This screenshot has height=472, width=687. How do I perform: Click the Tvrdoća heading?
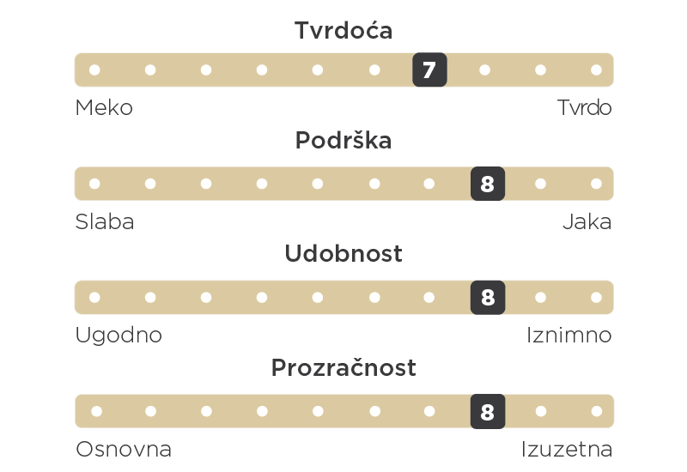point(343,30)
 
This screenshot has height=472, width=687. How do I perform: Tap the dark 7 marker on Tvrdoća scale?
point(430,70)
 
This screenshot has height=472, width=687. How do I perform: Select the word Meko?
point(104,108)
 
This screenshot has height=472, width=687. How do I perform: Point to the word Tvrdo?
point(584,108)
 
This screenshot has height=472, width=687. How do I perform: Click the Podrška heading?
point(343,140)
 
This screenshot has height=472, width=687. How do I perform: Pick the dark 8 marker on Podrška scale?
point(488,184)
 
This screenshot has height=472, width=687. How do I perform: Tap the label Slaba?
point(105,221)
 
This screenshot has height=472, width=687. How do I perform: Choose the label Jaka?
point(587,221)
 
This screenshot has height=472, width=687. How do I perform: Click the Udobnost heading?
point(343,253)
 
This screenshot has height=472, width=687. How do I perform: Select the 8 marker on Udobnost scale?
point(488,297)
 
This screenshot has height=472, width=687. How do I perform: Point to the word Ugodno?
point(119,336)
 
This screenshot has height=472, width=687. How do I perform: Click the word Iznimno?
point(569,336)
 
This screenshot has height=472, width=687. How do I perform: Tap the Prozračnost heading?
point(343,367)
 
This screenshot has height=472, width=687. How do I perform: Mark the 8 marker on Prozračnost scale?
point(488,411)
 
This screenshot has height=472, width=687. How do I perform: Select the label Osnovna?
point(124,449)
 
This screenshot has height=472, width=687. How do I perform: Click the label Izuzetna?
point(567,449)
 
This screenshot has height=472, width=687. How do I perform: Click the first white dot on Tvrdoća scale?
point(94,70)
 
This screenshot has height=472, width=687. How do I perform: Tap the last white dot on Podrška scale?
point(596,184)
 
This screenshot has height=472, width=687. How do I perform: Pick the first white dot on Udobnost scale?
point(94,297)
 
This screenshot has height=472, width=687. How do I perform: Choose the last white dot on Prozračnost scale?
point(597,411)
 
